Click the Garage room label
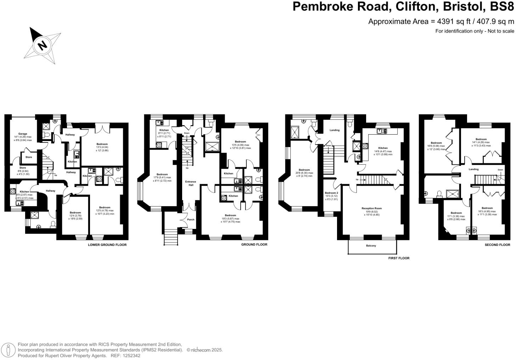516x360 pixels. click(23, 134)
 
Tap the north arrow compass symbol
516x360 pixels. click(42, 45)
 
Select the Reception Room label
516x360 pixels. click(371, 208)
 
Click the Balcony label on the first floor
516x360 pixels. click(371, 246)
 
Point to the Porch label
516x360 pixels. click(191, 219)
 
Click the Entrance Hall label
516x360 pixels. click(191, 183)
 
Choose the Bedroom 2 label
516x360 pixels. click(332, 193)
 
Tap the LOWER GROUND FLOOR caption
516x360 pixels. click(107, 245)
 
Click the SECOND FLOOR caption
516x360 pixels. click(497, 245)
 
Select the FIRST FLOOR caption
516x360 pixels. click(399, 258)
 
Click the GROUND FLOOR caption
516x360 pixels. click(254, 244)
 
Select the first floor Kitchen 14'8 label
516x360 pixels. click(383, 148)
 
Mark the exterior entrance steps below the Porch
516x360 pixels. click(170, 237)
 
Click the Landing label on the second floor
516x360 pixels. click(473, 169)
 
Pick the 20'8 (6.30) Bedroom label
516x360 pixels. click(304, 170)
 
